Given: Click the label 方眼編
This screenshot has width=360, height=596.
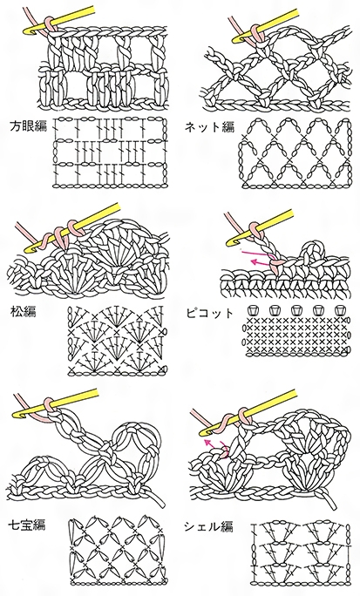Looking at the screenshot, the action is [x=28, y=126].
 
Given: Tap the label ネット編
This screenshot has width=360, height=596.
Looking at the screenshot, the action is [x=209, y=126].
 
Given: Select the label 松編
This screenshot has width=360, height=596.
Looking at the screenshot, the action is [x=24, y=312].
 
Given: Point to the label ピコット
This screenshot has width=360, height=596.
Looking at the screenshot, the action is [x=210, y=313].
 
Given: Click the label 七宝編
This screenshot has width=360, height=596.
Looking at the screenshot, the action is [x=27, y=525].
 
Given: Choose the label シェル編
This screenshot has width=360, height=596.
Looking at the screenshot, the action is [x=208, y=526].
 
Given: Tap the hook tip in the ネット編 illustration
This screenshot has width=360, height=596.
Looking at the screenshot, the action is [x=235, y=39].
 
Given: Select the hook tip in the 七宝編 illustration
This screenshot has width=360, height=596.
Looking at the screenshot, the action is [x=17, y=415].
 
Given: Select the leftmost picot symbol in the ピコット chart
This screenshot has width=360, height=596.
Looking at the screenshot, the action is [x=251, y=310].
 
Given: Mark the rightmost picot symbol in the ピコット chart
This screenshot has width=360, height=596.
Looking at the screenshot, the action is [x=339, y=310].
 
